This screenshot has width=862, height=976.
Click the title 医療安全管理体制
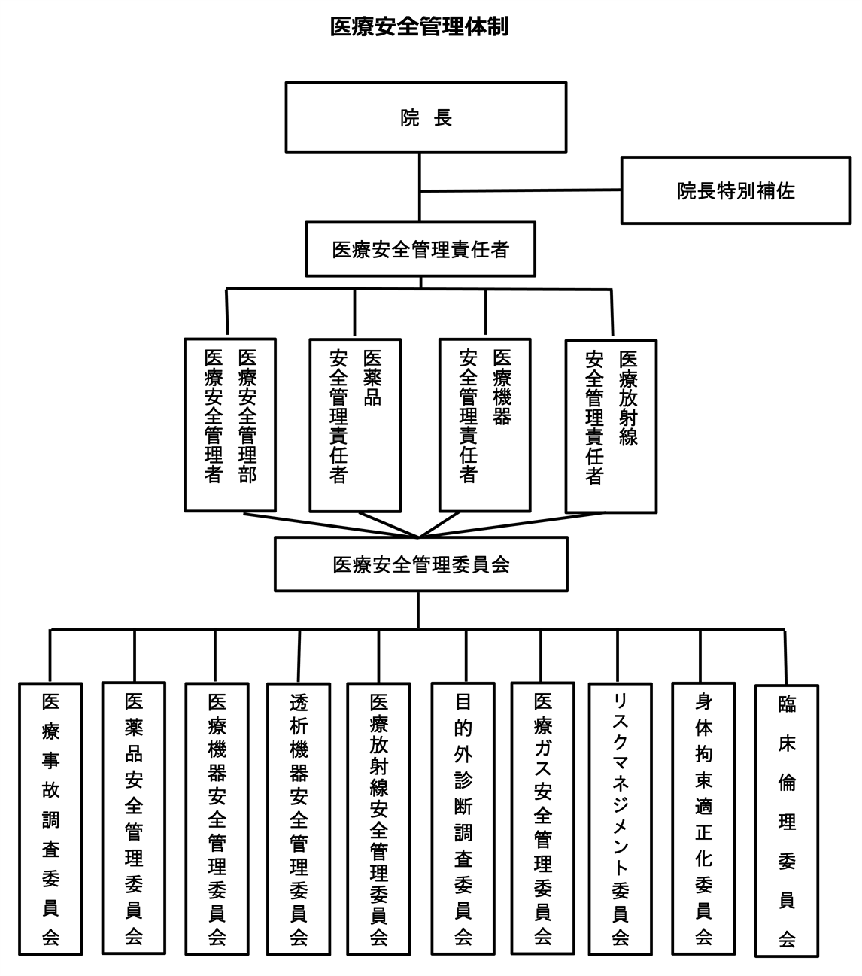pos(420,27)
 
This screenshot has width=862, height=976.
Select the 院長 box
pos(426,117)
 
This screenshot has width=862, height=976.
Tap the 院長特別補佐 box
pos(735,190)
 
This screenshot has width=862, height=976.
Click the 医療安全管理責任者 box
pos(420,249)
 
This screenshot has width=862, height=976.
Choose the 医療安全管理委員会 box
pos(420,564)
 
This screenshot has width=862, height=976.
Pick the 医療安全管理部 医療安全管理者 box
pos(230,424)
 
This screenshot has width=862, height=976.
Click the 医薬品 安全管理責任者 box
pos(354,425)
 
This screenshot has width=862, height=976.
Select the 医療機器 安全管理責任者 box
pos(484,425)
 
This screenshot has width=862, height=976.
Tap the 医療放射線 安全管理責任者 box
pos(611,425)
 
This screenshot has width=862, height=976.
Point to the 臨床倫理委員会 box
pos(786,820)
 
